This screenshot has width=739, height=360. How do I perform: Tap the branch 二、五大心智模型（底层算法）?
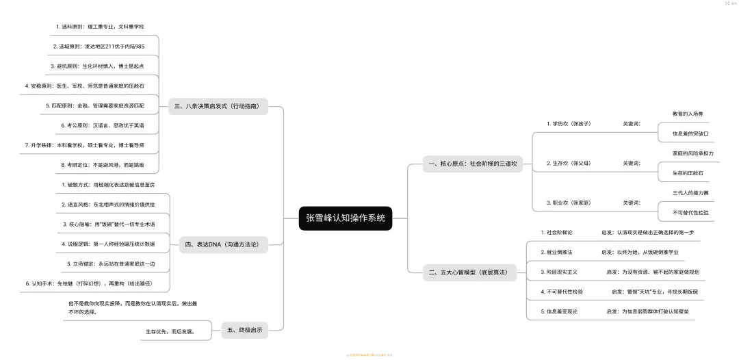(468, 272)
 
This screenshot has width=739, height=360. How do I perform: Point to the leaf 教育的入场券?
(688, 114)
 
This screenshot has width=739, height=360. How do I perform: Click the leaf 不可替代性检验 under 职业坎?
(690, 213)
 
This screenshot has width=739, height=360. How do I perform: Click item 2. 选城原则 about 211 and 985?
(99, 46)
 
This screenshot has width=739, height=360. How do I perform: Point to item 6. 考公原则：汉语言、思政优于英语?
(103, 125)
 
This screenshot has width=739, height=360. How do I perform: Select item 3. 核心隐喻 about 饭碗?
(108, 224)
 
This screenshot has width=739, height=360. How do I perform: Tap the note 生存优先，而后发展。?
(170, 332)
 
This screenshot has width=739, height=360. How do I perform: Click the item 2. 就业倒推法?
(556, 252)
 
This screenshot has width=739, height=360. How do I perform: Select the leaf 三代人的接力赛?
(690, 193)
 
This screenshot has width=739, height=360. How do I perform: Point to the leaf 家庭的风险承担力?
(692, 153)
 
